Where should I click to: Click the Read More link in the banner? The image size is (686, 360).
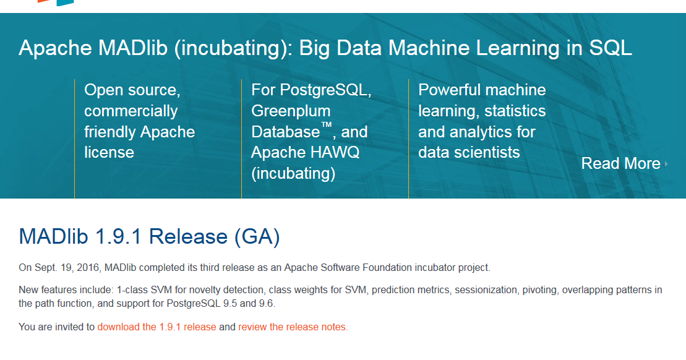click(620, 163)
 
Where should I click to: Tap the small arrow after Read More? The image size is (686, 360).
click(666, 164)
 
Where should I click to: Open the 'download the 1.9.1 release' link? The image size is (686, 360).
click(156, 327)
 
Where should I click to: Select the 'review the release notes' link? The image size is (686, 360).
click(293, 327)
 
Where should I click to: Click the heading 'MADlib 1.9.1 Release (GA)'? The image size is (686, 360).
click(149, 236)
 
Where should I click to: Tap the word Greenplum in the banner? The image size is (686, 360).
click(291, 111)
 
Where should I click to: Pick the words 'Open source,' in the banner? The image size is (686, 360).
click(132, 90)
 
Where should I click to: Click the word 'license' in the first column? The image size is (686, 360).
click(109, 153)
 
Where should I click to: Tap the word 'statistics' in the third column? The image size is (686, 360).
click(515, 111)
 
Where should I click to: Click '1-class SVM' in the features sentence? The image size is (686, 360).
click(142, 289)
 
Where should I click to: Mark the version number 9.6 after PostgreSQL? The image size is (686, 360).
click(267, 303)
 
